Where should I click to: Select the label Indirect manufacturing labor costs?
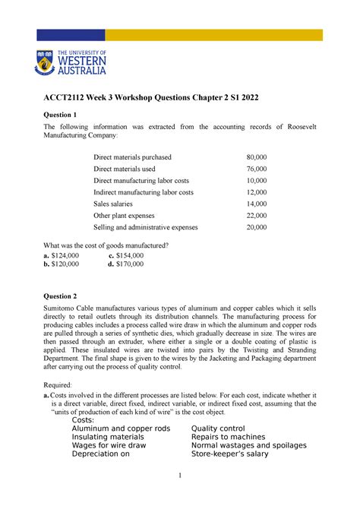[143, 192]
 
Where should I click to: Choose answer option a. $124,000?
[67, 256]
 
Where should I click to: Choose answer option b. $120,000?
[67, 266]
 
